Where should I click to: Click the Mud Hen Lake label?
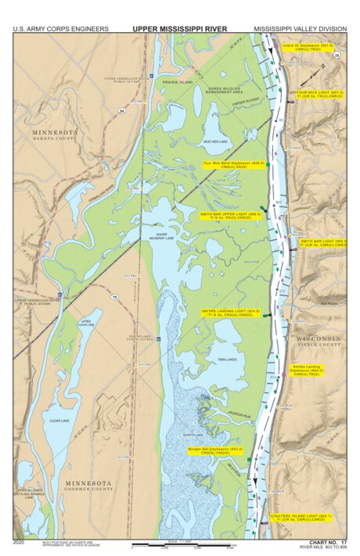click(x=214, y=141)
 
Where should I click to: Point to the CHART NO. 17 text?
click(x=328, y=541)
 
